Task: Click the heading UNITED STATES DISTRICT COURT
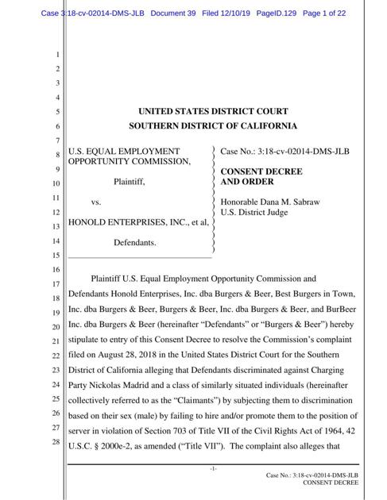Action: (x=214, y=112)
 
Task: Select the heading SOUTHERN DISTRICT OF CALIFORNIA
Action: (x=214, y=126)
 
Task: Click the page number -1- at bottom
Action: (x=213, y=468)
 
